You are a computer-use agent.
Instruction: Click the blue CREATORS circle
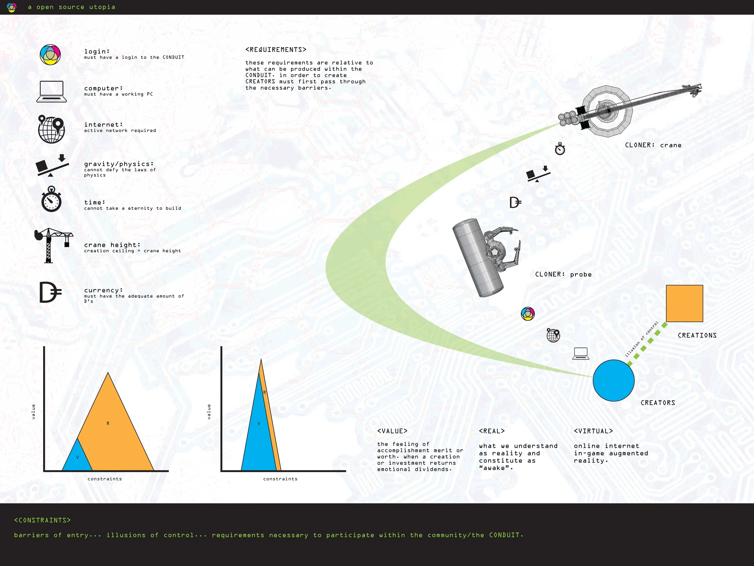pyautogui.click(x=613, y=380)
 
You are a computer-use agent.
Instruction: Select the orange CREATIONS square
pyautogui.click(x=684, y=303)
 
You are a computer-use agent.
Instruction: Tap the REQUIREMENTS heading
pyautogui.click(x=276, y=50)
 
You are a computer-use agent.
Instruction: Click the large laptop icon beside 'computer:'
pyautogui.click(x=52, y=91)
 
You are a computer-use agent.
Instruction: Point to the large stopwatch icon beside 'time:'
pyautogui.click(x=52, y=199)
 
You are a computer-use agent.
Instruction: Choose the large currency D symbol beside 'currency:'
pyautogui.click(x=50, y=293)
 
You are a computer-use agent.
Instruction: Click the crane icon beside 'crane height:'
pyautogui.click(x=53, y=245)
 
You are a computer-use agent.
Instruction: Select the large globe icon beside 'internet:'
pyautogui.click(x=52, y=129)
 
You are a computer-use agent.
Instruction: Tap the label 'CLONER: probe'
pyautogui.click(x=563, y=274)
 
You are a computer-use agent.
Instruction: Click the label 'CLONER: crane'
pyautogui.click(x=653, y=145)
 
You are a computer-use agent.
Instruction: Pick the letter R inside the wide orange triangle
pyautogui.click(x=108, y=424)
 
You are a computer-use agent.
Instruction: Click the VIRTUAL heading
pyautogui.click(x=593, y=431)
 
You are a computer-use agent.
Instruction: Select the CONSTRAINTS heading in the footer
pyautogui.click(x=42, y=520)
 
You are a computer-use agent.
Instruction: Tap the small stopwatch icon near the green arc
pyautogui.click(x=560, y=149)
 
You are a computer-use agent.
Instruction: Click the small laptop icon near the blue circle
pyautogui.click(x=581, y=353)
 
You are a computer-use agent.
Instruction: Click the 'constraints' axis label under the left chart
pyautogui.click(x=105, y=479)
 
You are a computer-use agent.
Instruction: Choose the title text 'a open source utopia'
pyautogui.click(x=71, y=7)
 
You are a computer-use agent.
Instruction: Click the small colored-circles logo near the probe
pyautogui.click(x=528, y=314)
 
